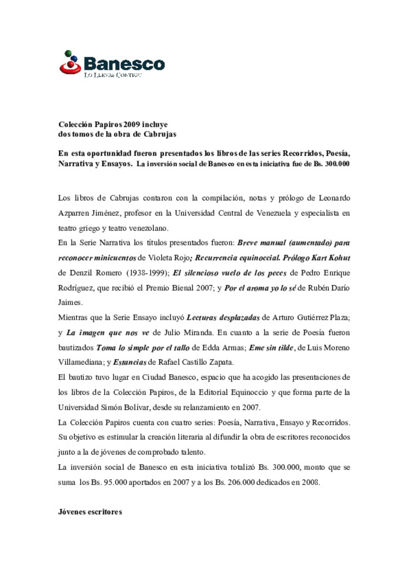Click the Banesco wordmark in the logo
124,64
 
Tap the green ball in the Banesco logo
68,53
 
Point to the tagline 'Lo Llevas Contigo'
112,75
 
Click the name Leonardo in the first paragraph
334,198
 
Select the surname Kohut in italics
339,258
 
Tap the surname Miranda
198,333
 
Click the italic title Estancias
130,362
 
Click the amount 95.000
115,482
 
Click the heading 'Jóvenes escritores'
90,512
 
